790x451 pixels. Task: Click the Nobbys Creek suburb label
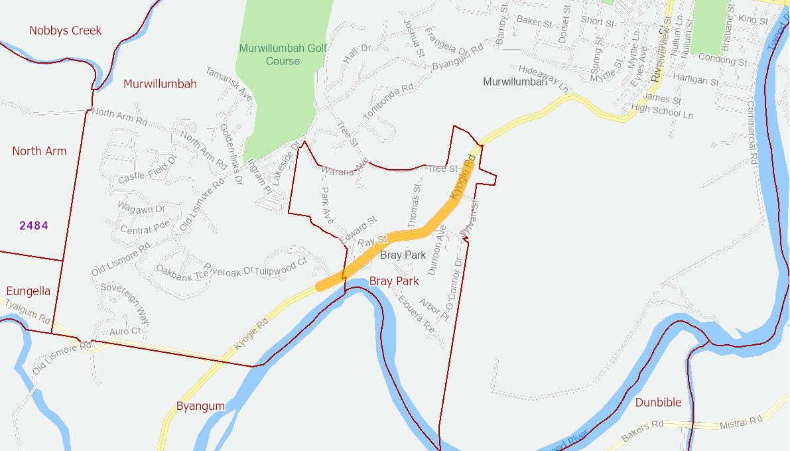pos(66,31)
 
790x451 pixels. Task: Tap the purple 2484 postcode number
pos(34,225)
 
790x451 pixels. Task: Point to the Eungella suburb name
pos(28,291)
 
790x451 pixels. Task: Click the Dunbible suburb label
pos(658,403)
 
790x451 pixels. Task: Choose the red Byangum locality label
pos(200,406)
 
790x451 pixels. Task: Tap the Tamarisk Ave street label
pos(229,84)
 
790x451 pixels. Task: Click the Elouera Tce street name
pos(417,314)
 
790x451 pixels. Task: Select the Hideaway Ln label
pos(544,78)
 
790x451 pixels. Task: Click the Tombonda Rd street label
pos(389,102)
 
